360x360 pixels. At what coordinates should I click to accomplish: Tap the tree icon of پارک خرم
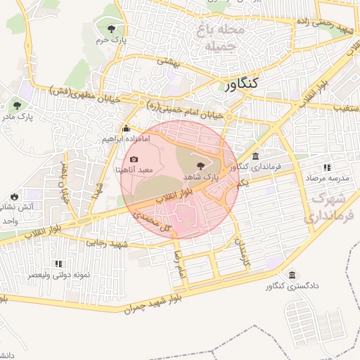coord(112,28)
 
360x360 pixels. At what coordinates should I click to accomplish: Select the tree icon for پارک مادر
coord(16,106)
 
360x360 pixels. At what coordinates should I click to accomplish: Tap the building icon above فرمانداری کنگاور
coord(255,156)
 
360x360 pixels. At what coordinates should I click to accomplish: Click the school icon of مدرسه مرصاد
coord(327,167)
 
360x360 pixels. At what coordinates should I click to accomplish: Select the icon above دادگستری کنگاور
coord(292,275)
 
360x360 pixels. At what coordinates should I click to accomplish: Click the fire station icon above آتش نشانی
coord(14,196)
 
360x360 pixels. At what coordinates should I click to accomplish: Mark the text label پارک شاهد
coord(202,179)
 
